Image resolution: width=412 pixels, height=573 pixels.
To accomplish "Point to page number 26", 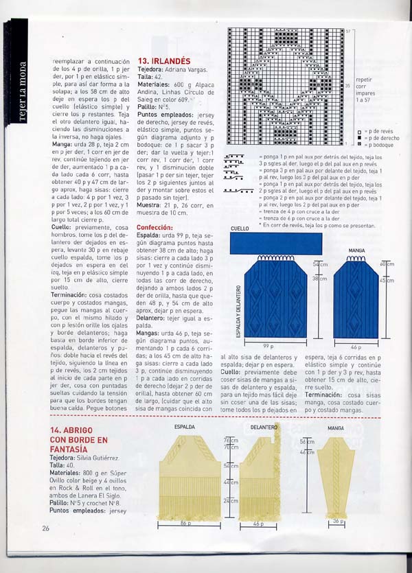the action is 45,528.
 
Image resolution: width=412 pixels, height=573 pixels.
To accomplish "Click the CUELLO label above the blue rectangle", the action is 240,229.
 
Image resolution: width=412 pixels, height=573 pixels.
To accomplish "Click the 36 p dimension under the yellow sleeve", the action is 336,521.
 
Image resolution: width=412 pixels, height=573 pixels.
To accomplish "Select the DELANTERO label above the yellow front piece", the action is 264,427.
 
